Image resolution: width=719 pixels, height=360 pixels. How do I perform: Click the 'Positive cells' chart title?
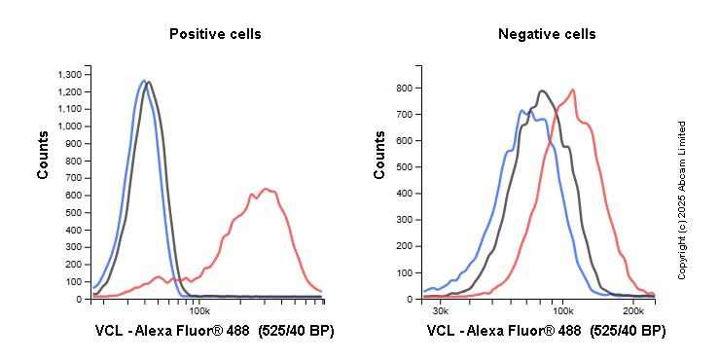click(215, 34)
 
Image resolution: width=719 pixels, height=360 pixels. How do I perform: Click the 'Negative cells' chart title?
click(547, 34)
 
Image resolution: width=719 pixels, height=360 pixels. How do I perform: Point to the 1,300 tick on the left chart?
click(71, 74)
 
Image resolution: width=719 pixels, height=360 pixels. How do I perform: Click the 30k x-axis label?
click(440, 311)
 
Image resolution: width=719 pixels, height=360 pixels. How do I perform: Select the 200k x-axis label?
click(632, 311)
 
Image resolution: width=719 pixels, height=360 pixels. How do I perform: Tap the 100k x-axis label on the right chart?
click(562, 311)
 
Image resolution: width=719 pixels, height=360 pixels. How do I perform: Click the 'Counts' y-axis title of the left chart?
click(43, 157)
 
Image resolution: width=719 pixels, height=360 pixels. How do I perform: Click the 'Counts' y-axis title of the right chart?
click(379, 157)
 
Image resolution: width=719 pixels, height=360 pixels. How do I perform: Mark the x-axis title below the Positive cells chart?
click(215, 332)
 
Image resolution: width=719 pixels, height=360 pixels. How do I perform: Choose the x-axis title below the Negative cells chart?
click(547, 332)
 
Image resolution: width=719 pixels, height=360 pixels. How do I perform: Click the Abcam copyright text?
click(682, 199)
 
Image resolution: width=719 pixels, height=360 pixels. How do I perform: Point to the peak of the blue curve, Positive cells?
click(143, 81)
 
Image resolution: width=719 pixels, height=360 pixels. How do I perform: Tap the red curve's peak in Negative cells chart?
click(573, 90)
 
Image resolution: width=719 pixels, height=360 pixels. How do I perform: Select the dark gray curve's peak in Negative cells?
click(541, 90)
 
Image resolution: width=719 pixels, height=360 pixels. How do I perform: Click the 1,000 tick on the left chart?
click(71, 126)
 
